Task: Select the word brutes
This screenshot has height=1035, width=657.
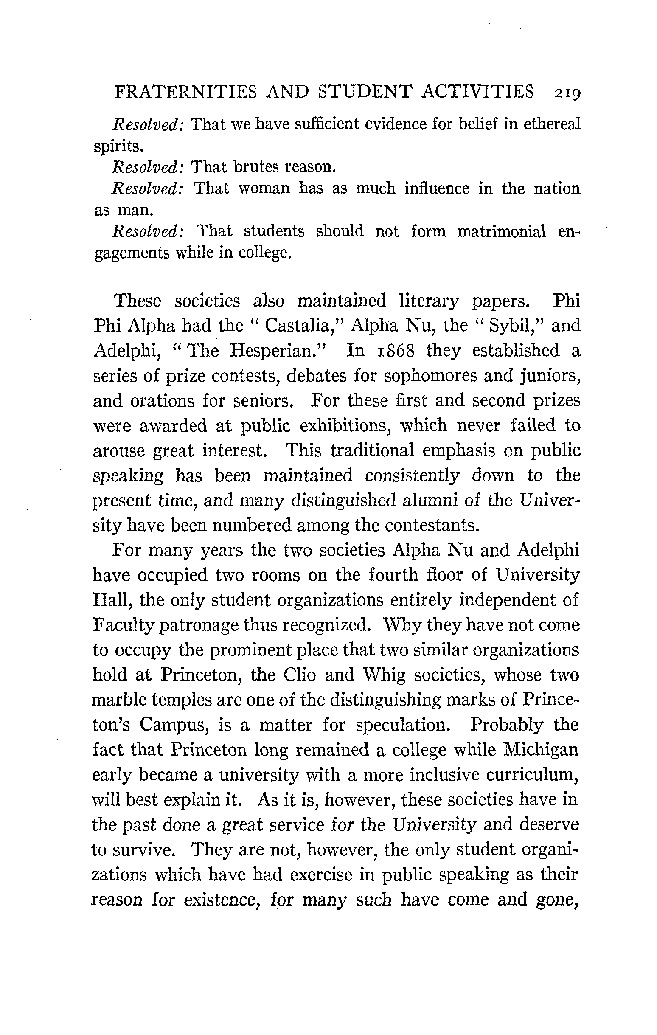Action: tap(256, 167)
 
